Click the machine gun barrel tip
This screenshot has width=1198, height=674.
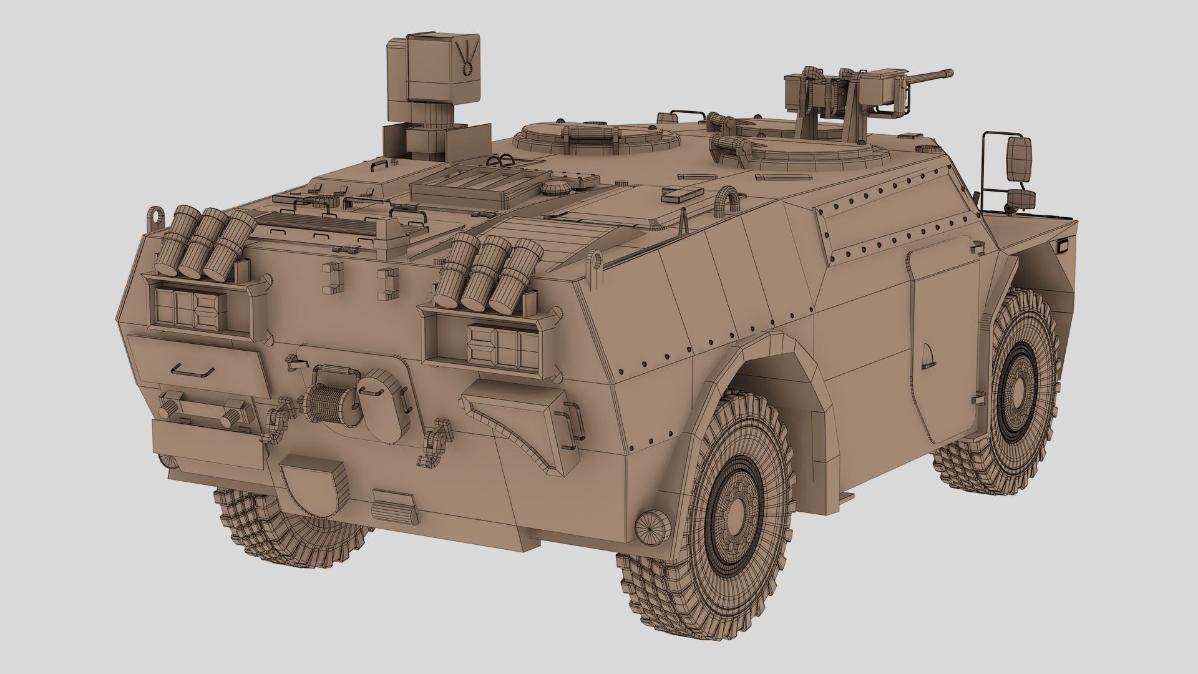point(949,73)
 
